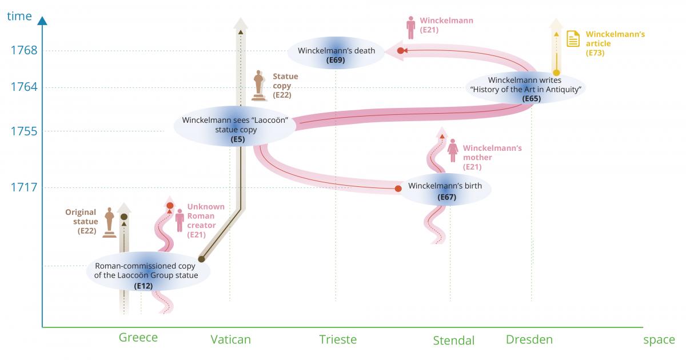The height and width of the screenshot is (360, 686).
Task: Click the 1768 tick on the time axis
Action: (24, 50)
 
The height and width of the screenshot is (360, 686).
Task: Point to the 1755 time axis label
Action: (24, 131)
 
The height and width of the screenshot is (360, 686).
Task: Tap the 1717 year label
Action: (24, 187)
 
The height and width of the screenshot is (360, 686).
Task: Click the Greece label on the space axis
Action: (138, 338)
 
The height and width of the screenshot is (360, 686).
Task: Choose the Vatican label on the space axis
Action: (230, 339)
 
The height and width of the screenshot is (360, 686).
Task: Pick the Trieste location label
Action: (338, 339)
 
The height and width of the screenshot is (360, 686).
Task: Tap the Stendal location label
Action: (453, 341)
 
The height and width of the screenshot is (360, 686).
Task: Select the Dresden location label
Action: (529, 339)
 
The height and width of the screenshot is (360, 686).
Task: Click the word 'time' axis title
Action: (19, 16)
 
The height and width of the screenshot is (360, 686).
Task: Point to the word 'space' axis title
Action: (659, 340)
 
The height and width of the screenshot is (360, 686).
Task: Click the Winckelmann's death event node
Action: (336, 54)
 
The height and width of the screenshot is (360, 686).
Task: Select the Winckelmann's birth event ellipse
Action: (445, 191)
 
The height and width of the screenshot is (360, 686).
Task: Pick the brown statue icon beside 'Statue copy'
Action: (260, 85)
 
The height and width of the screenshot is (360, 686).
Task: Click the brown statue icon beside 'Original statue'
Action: (109, 222)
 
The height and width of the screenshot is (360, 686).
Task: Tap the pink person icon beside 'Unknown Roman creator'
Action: (180, 220)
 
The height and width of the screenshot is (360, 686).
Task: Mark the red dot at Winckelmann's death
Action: (401, 51)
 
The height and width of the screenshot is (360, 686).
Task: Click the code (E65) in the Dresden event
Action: (531, 98)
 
